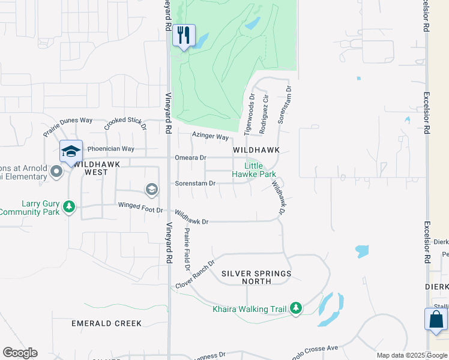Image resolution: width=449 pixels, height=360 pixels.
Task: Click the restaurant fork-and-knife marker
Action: click(x=184, y=35)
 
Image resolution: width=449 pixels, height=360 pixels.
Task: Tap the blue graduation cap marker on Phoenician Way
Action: click(x=71, y=151)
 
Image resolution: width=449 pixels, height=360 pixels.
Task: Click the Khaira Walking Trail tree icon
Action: click(x=295, y=308)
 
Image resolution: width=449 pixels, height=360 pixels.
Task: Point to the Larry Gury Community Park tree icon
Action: click(x=70, y=207)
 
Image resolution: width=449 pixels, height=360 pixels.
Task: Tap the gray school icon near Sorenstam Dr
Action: click(x=152, y=190)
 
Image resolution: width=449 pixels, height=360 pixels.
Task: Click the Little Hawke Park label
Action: click(x=254, y=170)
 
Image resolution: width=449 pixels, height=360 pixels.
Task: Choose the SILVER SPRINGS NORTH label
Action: click(x=256, y=277)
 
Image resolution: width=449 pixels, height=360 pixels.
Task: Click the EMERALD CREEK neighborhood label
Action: click(x=107, y=323)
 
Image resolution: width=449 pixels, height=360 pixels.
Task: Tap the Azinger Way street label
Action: click(x=211, y=137)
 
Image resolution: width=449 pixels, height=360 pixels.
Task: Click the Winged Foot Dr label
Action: click(x=141, y=210)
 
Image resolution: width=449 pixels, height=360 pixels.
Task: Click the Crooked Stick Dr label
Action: click(x=125, y=124)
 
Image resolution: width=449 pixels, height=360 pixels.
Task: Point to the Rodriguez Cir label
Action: click(x=264, y=114)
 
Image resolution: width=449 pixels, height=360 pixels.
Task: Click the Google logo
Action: click(x=20, y=353)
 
